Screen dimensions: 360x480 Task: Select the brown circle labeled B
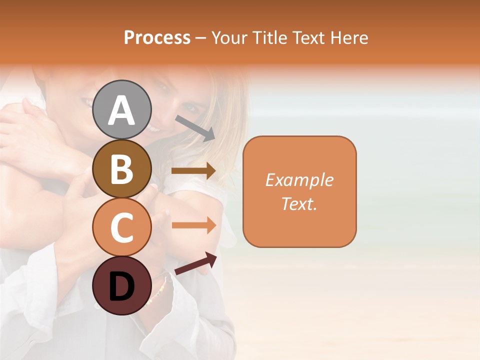tap(121, 168)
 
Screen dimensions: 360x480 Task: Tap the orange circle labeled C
tap(121, 227)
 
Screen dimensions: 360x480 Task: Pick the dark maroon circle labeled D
tap(121, 285)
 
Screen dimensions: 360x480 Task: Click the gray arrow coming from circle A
tap(195, 128)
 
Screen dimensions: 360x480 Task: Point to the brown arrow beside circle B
tap(193, 171)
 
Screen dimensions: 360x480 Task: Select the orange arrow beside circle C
tap(193, 225)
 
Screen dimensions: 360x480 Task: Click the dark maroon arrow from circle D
tap(195, 263)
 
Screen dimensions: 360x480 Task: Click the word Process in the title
tap(157, 37)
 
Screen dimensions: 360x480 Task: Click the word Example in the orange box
tap(299, 180)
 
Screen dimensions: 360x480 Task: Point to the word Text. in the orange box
tap(299, 203)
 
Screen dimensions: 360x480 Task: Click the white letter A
tap(121, 110)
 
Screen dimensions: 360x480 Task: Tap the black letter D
tap(121, 286)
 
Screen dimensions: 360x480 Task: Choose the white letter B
tap(121, 169)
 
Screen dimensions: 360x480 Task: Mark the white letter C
tap(121, 227)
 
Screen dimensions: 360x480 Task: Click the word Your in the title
tap(229, 37)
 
